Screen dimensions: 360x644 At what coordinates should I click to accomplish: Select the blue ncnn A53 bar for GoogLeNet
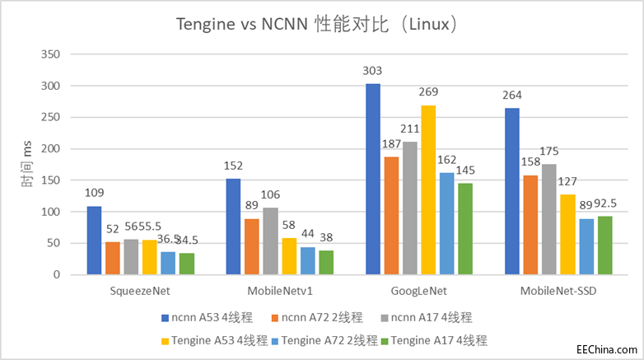point(373,179)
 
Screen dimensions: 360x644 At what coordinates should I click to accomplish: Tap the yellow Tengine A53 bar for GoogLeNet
point(428,189)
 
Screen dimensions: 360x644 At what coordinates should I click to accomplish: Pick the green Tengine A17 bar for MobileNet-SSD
point(605,245)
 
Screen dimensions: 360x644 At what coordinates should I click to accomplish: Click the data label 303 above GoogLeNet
point(373,72)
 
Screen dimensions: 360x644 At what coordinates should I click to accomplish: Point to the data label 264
point(512,96)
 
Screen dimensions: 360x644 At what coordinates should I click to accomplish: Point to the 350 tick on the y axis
point(51,54)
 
